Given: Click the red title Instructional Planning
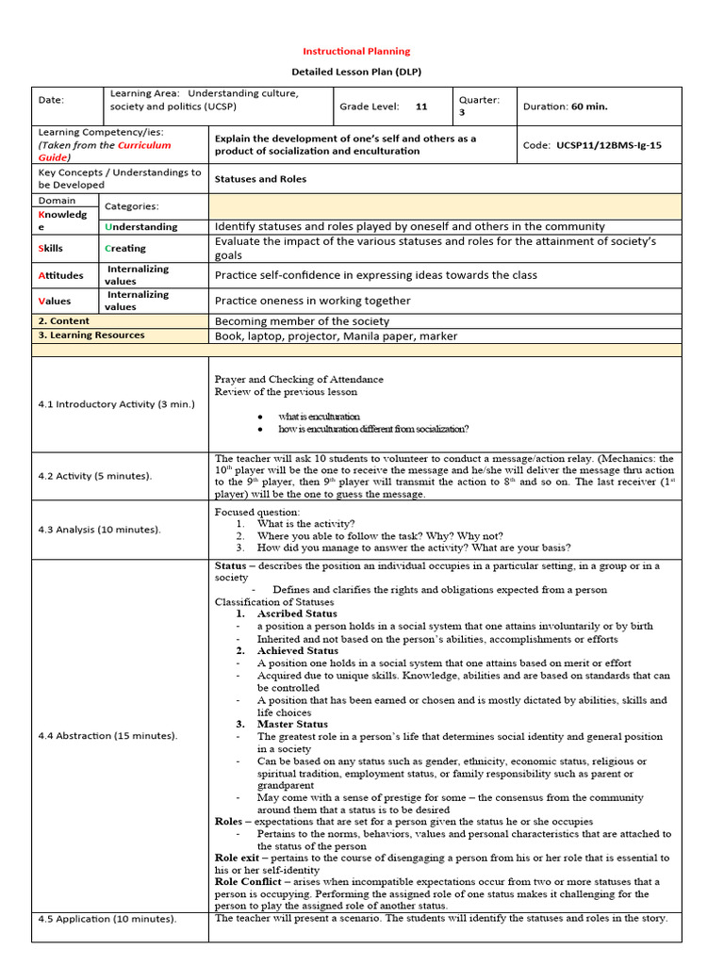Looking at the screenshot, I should [x=355, y=51].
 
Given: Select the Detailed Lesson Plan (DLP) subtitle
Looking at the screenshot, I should [x=355, y=73].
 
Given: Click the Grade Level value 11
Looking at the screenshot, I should [x=421, y=106].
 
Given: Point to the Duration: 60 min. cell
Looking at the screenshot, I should [x=566, y=106].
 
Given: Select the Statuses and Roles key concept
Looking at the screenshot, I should [x=260, y=178].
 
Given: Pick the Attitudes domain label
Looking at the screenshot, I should [x=61, y=275].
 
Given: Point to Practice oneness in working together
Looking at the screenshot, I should [x=312, y=301].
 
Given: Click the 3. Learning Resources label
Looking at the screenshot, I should [x=91, y=335].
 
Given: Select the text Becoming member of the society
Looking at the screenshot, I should [x=302, y=321].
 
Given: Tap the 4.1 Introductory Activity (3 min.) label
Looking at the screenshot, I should [x=116, y=404].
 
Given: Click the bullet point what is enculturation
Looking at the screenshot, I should [x=319, y=416].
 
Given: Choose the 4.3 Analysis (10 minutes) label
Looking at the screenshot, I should [x=99, y=529].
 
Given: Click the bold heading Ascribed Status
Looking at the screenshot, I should [x=297, y=613].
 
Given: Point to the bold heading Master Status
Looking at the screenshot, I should [x=292, y=724].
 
